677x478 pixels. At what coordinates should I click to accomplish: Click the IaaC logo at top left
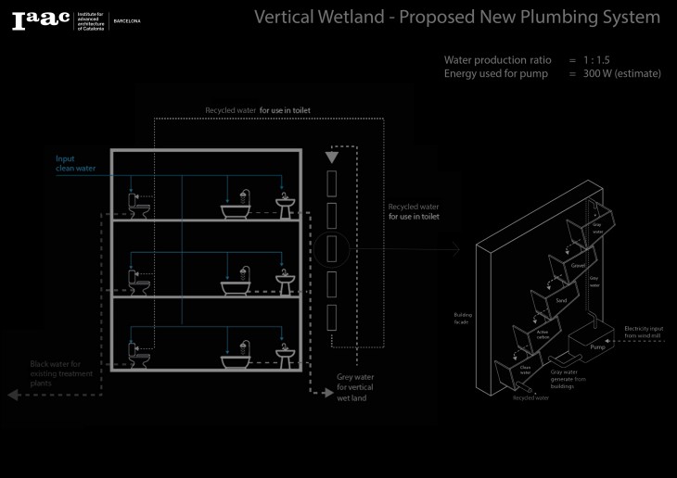41,20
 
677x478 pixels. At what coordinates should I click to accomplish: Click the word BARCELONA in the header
126,20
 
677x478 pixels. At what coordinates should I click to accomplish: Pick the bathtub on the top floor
239,209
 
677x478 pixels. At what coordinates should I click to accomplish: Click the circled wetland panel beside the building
330,250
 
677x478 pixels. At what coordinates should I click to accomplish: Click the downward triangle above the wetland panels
331,158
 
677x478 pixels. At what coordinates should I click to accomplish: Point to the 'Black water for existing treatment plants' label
63,373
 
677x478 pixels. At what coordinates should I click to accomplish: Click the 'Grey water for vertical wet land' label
354,386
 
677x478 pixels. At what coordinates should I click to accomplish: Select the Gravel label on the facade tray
578,266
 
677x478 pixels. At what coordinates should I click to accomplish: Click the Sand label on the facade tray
560,301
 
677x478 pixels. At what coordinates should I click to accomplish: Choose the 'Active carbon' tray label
543,333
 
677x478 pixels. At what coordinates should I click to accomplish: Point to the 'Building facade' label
462,318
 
